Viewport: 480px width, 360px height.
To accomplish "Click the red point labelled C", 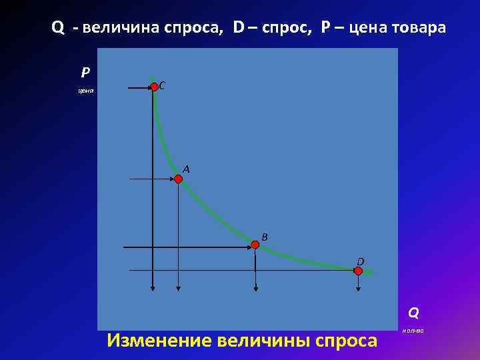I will (154, 87).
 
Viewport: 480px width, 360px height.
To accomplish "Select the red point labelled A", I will (178, 179).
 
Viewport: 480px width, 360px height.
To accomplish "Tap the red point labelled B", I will (255, 245).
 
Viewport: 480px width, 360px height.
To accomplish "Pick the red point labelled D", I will (358, 271).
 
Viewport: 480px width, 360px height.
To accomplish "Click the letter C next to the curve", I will (163, 85).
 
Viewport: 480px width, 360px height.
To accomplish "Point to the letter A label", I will (187, 169).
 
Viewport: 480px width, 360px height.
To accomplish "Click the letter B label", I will (265, 237).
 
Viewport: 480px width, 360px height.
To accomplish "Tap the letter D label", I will (360, 261).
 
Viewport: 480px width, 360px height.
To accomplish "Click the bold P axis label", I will (85, 72).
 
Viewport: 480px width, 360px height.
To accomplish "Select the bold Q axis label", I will (413, 312).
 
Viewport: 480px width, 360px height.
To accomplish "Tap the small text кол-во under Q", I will (413, 330).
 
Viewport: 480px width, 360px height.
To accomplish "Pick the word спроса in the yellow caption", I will (344, 341).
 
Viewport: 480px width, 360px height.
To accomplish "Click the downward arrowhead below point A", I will (178, 289).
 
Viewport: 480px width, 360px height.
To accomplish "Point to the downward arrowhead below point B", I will (255, 289).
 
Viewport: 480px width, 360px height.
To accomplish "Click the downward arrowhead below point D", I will (359, 289).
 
